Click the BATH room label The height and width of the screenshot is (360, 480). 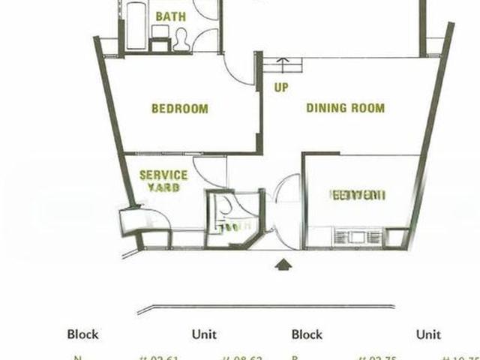[x=171, y=16]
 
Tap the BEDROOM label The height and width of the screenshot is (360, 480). [x=180, y=109]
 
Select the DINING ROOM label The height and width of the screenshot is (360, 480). [x=345, y=108]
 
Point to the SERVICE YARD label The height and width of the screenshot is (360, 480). [x=163, y=181]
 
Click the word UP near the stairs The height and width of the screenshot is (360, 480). [x=281, y=88]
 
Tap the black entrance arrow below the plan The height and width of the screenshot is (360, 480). [x=283, y=263]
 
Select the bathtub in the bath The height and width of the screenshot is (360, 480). [x=136, y=25]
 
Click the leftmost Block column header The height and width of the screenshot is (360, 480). [x=82, y=334]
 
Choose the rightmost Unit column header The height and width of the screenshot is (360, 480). [x=429, y=334]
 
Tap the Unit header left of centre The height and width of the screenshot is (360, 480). [x=204, y=334]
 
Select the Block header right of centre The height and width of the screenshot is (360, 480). [x=307, y=334]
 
